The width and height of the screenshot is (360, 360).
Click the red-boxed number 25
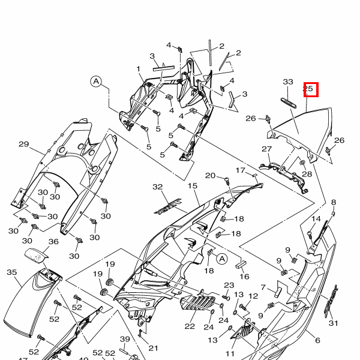[309, 89]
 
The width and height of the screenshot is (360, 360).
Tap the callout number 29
[24, 144]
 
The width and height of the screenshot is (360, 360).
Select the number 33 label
[288, 82]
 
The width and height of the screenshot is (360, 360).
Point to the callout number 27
[267, 149]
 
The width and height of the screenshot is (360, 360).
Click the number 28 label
[307, 174]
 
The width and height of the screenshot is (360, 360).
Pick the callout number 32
[158, 187]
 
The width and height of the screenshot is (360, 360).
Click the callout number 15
[193, 187]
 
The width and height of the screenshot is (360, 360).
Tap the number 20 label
[210, 175]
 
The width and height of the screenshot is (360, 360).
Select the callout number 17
[240, 170]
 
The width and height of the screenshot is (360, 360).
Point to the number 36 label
[53, 242]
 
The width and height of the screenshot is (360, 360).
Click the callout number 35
[12, 272]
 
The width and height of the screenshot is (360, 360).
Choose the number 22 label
[190, 326]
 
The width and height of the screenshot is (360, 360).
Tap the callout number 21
[153, 348]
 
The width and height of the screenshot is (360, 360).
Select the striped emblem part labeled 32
[167, 206]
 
